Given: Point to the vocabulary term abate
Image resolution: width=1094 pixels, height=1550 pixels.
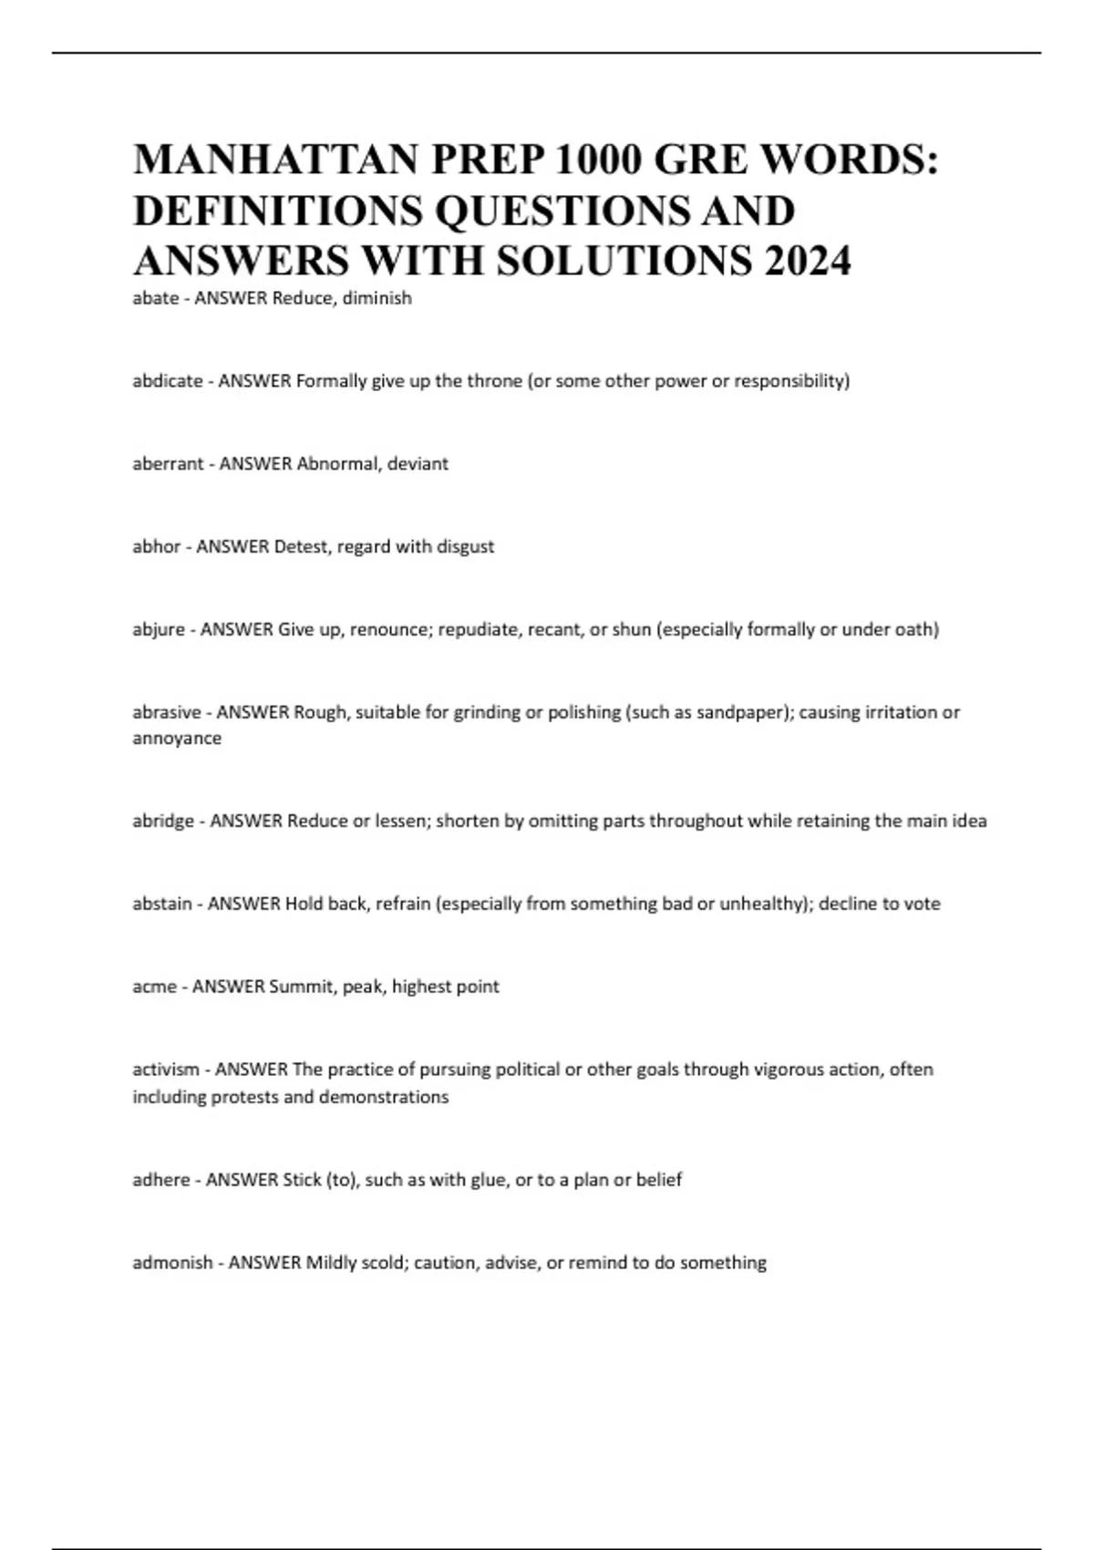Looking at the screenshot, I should tap(156, 298).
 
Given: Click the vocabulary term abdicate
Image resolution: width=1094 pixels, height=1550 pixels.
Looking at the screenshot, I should tap(168, 381).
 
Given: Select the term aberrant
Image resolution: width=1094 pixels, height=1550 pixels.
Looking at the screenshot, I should tap(168, 464).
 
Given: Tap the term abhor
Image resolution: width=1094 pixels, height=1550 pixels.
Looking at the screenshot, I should tap(156, 547).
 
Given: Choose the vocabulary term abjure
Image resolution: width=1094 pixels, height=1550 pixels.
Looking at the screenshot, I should tap(159, 629).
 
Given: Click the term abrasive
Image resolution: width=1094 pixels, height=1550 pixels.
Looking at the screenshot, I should tap(167, 712).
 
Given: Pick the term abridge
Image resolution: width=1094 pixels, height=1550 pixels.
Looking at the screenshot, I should tap(163, 821).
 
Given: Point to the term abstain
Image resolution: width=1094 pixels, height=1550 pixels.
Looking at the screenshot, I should tap(162, 904).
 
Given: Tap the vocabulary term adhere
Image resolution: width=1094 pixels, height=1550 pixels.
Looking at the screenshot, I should tap(161, 1180).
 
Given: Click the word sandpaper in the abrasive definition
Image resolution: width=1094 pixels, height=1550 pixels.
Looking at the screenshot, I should tap(740, 713).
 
